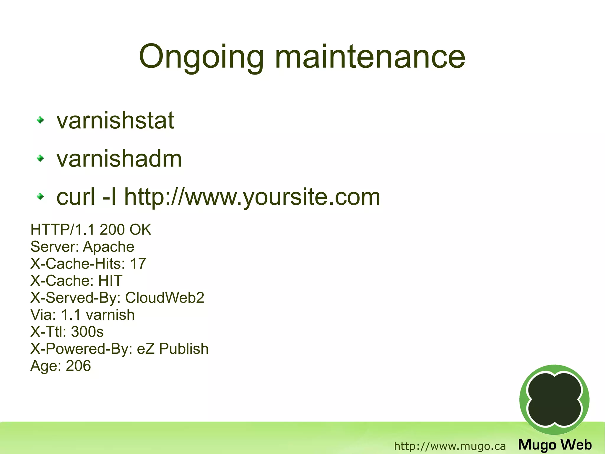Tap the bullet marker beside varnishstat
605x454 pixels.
click(x=40, y=120)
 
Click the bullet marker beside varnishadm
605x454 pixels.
click(x=40, y=159)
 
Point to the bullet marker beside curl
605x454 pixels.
click(x=40, y=196)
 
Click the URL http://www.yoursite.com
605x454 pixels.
click(x=252, y=197)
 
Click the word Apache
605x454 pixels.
click(x=109, y=247)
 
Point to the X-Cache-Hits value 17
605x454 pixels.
click(x=138, y=264)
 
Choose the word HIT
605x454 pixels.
click(x=110, y=280)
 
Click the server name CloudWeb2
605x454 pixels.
click(x=165, y=298)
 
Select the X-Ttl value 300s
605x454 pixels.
click(x=87, y=332)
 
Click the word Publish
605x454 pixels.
click(x=184, y=349)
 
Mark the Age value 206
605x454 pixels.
click(x=78, y=366)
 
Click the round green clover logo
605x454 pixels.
click(x=554, y=400)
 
